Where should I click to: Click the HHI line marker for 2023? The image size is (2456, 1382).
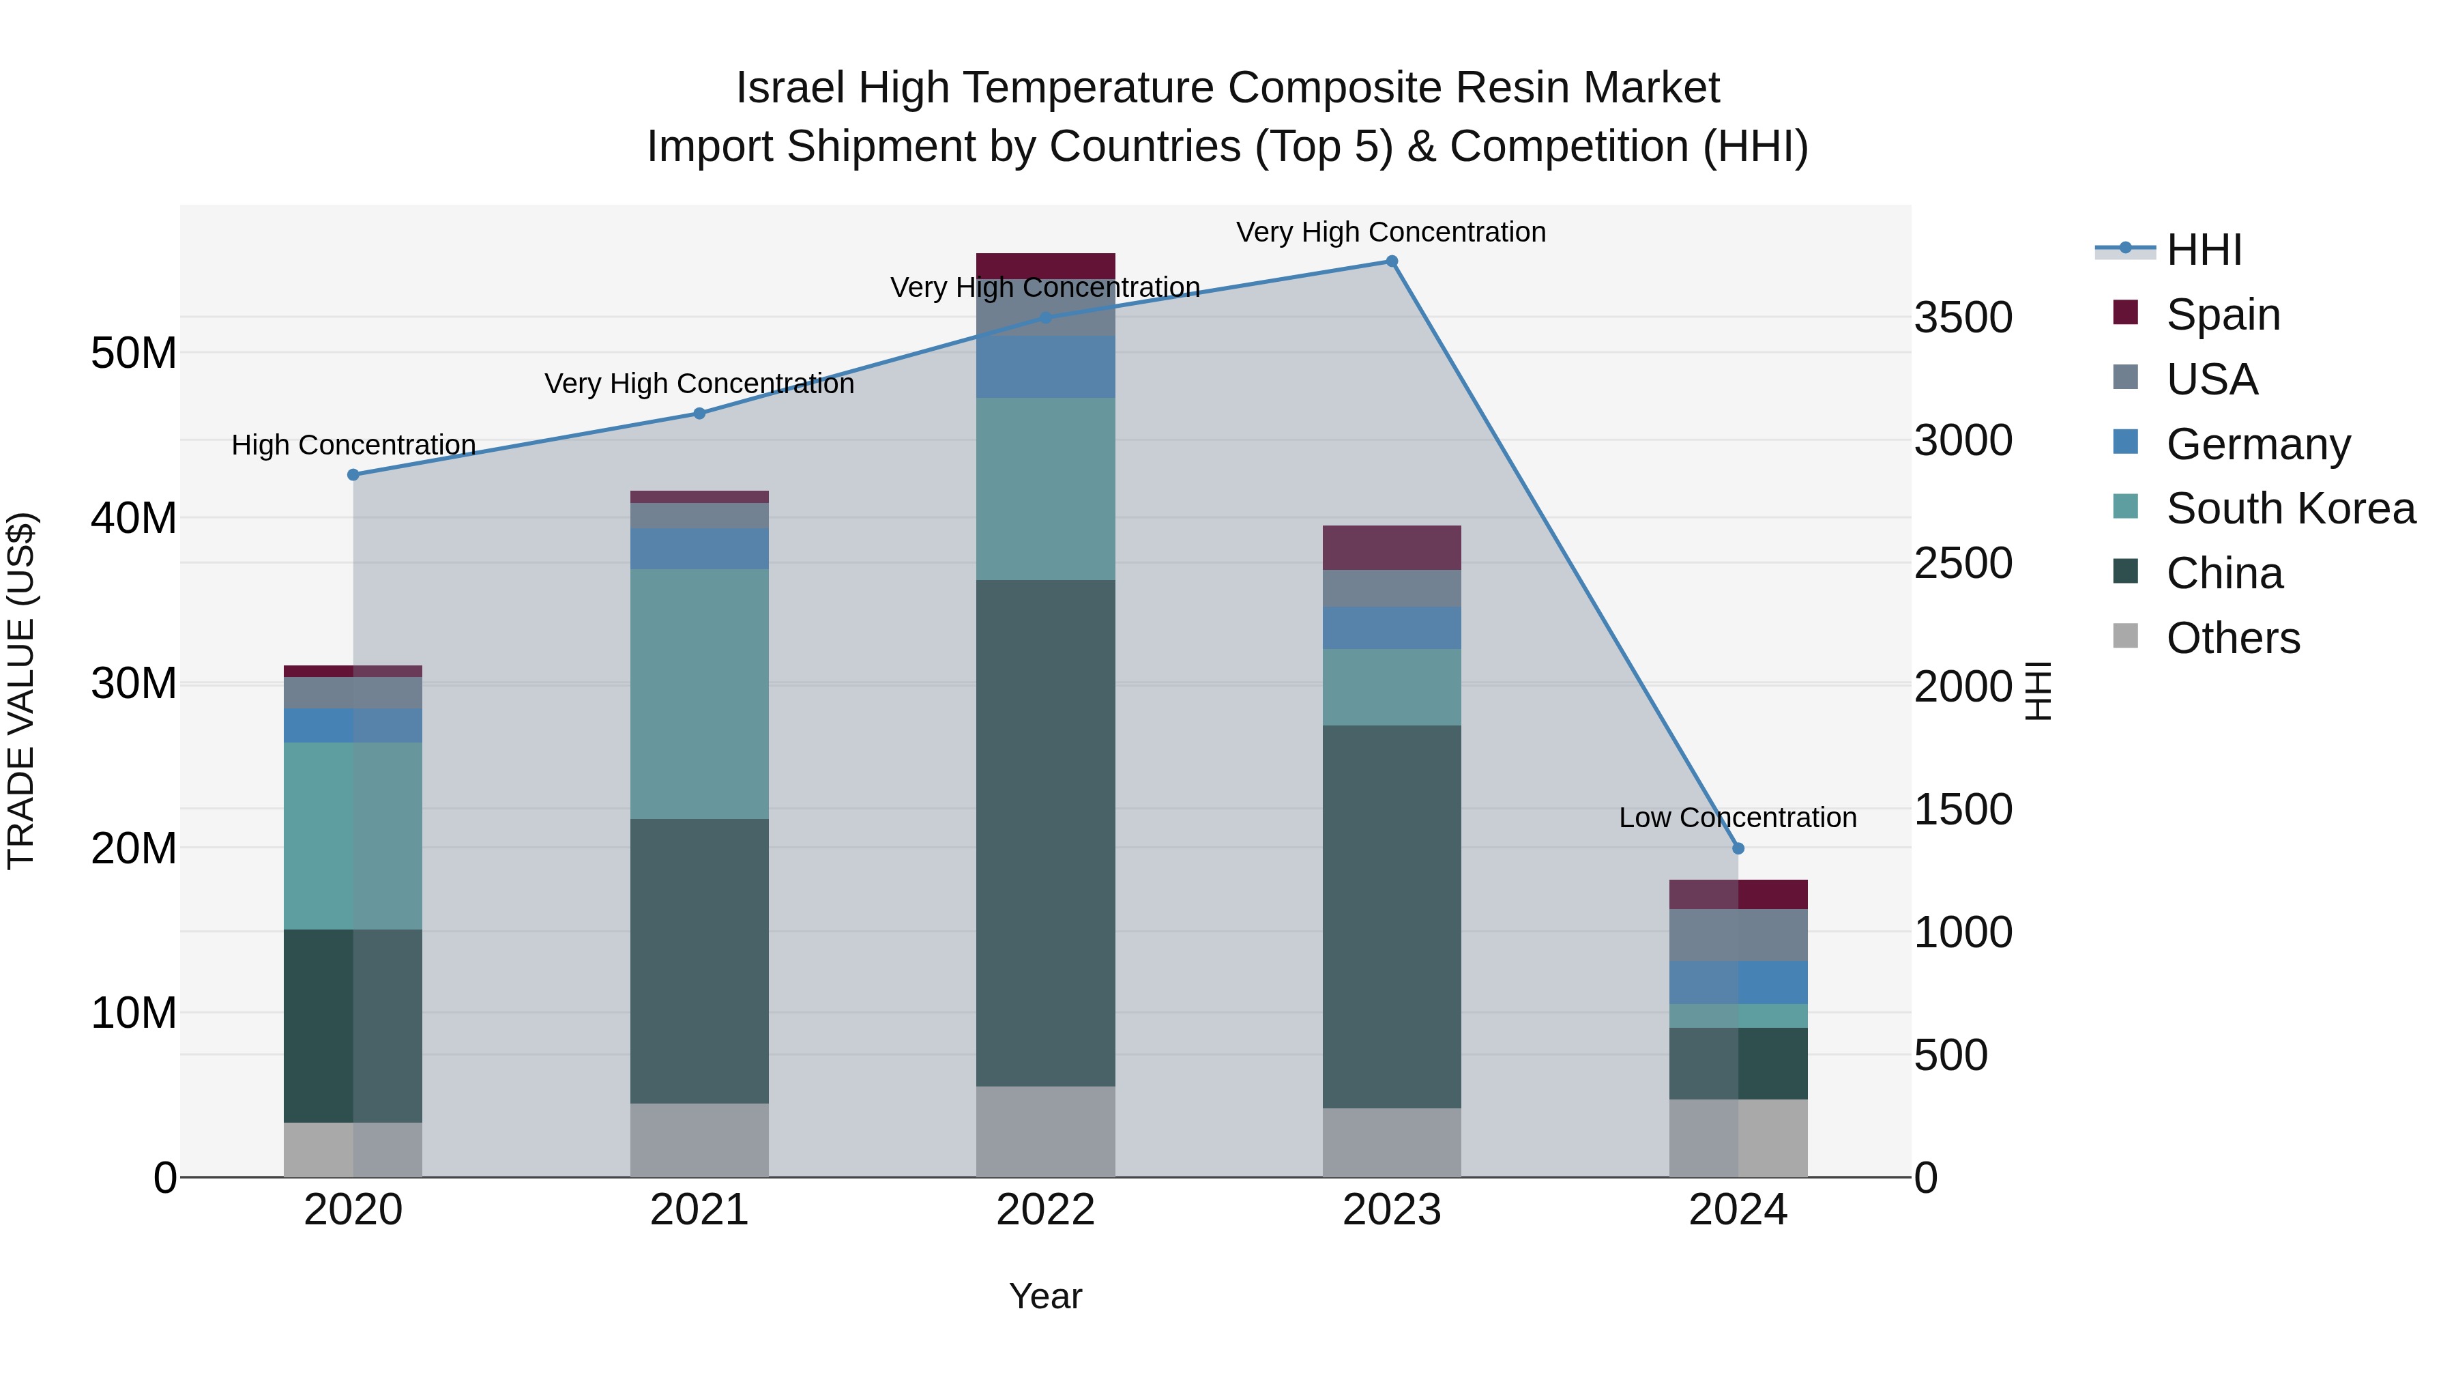[x=1391, y=261]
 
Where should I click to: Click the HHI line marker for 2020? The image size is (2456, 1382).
[x=353, y=475]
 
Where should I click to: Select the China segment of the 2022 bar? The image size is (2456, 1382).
[x=1045, y=833]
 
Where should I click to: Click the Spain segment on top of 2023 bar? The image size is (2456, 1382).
[x=1391, y=547]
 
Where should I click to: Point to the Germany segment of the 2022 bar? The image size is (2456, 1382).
[x=1045, y=366]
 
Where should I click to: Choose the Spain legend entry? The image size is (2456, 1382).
[x=2223, y=314]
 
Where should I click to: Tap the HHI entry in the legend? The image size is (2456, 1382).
[x=2204, y=250]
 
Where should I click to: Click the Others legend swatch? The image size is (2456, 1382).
[x=2125, y=636]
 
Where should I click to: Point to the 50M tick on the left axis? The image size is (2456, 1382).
[x=134, y=354]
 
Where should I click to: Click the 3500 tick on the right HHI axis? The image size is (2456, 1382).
[x=1962, y=317]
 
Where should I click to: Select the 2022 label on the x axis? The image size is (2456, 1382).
[x=1045, y=1210]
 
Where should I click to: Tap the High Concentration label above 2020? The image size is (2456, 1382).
[x=353, y=446]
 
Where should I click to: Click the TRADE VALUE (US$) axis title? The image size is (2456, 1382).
[x=21, y=691]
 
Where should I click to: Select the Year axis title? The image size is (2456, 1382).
[x=1045, y=1296]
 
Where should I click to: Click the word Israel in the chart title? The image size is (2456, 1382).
[x=789, y=88]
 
